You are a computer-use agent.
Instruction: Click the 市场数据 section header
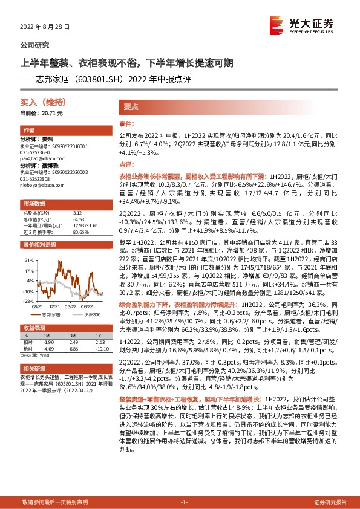(x=34, y=203)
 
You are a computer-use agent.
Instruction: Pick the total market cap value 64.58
(x=77, y=219)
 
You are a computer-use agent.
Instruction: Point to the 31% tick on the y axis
(x=28, y=259)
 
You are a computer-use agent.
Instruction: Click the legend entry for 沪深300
(x=91, y=315)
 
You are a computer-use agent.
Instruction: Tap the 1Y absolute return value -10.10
(x=100, y=348)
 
